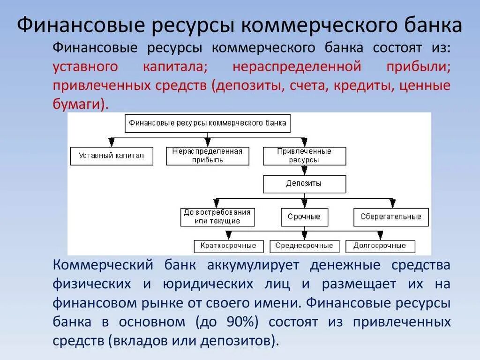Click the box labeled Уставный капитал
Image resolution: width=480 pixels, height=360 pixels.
pyautogui.click(x=112, y=156)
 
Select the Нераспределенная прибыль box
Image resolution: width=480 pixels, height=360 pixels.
pyautogui.click(x=207, y=156)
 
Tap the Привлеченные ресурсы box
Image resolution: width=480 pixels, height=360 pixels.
pyautogui.click(x=304, y=156)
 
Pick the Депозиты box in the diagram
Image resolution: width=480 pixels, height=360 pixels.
pyautogui.click(x=304, y=184)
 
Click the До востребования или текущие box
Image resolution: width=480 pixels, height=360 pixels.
pyautogui.click(x=217, y=217)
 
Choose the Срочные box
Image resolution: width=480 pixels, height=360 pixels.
pyautogui.click(x=304, y=217)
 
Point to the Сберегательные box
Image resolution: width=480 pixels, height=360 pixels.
pyautogui.click(x=391, y=217)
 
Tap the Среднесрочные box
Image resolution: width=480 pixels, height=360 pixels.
pyautogui.click(x=304, y=246)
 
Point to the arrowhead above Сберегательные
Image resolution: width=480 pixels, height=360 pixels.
pyautogui.click(x=392, y=203)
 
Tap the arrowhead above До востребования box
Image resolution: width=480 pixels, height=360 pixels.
pyautogui.click(x=216, y=203)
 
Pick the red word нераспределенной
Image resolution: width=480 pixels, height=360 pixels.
pyautogui.click(x=297, y=67)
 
